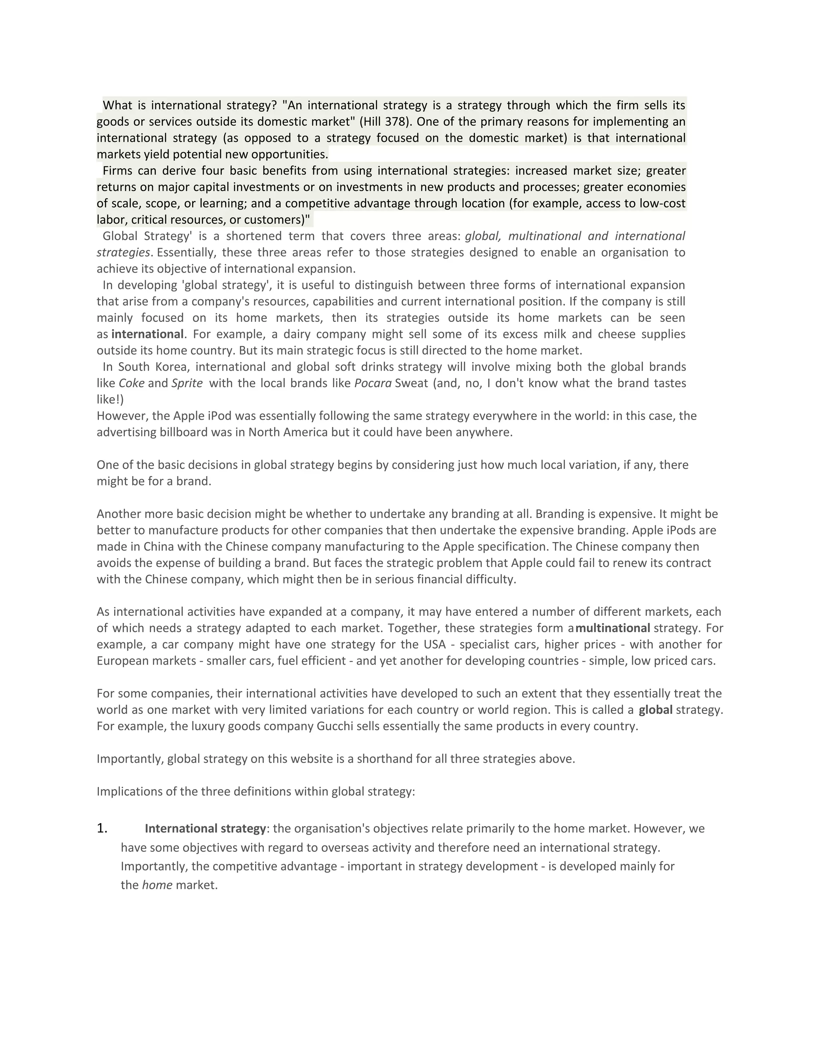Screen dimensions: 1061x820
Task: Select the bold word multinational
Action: pos(613,628)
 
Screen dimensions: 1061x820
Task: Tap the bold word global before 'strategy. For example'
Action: pos(655,710)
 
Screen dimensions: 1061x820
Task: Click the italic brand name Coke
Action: pos(132,383)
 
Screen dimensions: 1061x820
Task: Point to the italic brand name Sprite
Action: pos(187,383)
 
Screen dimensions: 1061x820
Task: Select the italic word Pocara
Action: pos(373,383)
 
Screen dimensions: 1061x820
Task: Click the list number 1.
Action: pos(102,828)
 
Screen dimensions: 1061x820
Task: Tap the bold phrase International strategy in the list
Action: pos(205,829)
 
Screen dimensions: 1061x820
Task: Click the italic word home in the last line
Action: pos(157,885)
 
